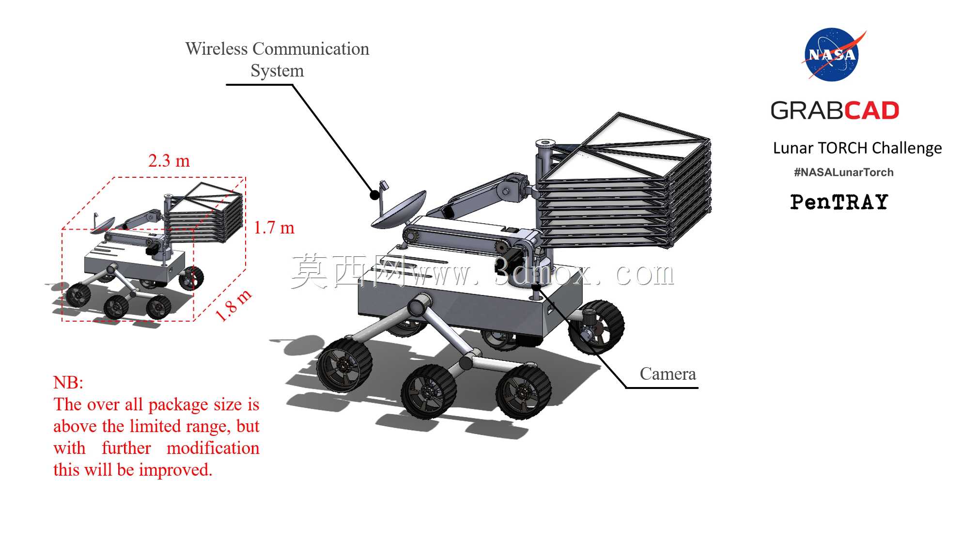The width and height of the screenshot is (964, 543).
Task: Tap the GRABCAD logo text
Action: pos(835,110)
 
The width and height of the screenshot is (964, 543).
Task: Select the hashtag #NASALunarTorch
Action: pos(843,172)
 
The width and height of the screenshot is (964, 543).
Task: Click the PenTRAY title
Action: pos(839,202)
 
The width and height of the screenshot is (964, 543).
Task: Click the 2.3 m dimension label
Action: pos(169,160)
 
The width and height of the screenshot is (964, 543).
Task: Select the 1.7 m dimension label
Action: pos(274,227)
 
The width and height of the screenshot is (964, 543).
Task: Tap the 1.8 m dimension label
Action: pos(233,305)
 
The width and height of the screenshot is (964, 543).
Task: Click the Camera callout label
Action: pos(668,373)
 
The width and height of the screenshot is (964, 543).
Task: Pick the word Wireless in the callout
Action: pos(217,48)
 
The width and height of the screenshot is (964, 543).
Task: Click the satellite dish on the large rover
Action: pos(398,210)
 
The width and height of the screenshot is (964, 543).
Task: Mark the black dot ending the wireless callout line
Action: pos(374,195)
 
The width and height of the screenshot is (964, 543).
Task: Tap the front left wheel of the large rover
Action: pos(344,364)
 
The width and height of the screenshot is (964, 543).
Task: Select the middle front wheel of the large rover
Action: pos(429,391)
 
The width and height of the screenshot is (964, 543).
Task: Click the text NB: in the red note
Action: pos(68,382)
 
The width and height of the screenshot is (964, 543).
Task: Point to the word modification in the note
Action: pos(213,448)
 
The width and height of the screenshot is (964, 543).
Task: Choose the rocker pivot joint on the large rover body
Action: pos(417,306)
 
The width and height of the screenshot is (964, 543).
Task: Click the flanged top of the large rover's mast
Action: pos(545,143)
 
